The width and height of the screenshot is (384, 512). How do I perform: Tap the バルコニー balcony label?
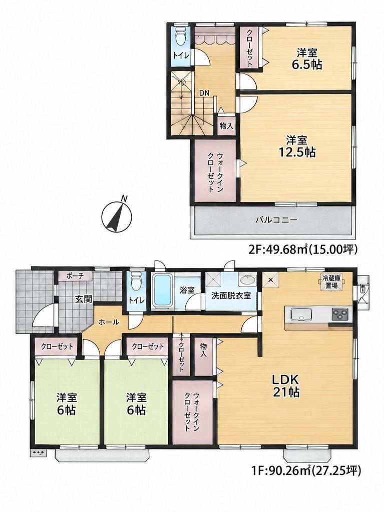click(276, 220)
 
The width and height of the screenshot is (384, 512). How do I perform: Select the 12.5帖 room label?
click(297, 146)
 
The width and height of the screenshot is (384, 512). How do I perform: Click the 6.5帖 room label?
click(307, 59)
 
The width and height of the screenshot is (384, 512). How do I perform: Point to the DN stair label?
click(204, 92)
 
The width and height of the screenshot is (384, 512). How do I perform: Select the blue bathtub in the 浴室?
click(163, 290)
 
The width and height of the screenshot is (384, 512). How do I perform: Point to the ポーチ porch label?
click(75, 276)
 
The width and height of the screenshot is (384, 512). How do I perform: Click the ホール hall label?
click(109, 322)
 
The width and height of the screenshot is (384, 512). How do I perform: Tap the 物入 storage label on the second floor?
click(226, 125)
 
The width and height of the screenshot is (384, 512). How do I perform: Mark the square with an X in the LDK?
click(271, 280)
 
